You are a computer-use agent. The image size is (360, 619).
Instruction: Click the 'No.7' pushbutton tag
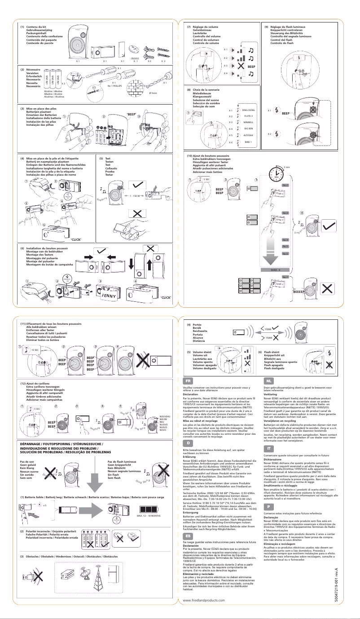pyautogui.click(x=285, y=277)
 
